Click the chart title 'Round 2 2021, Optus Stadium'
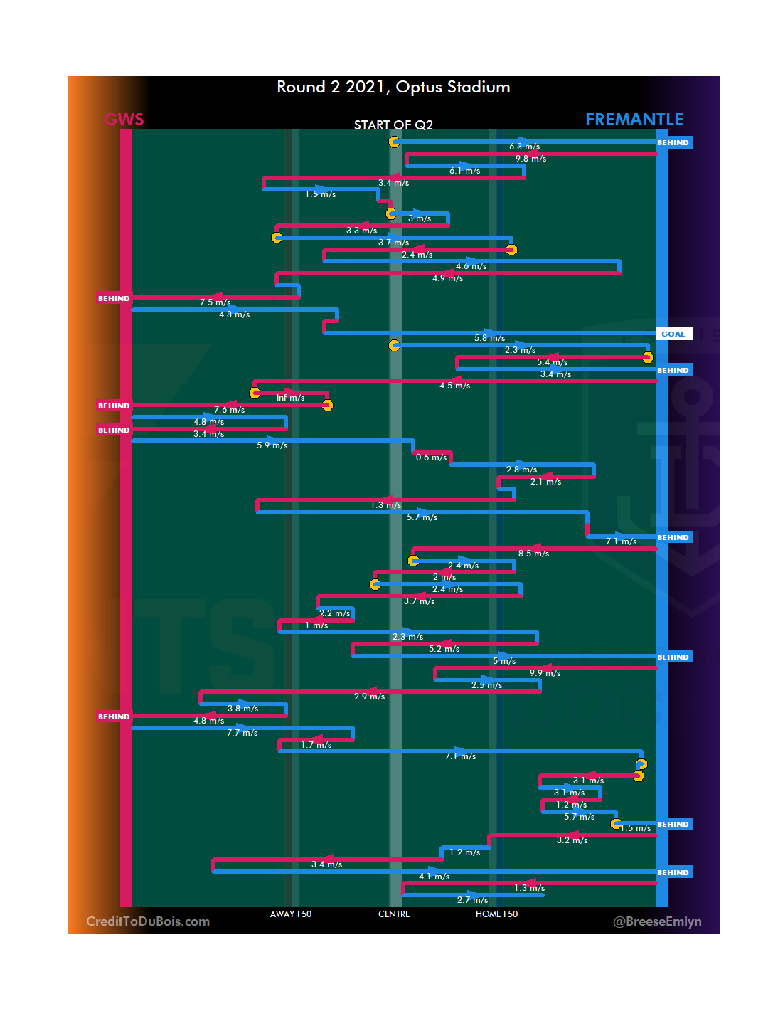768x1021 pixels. [x=393, y=88]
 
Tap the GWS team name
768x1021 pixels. [x=124, y=120]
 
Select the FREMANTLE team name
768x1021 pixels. [x=634, y=120]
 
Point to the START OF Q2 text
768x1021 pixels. [x=393, y=125]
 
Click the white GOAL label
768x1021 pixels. [x=673, y=334]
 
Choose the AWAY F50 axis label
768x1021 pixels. [x=290, y=914]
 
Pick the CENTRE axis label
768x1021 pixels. [x=394, y=914]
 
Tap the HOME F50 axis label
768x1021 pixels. [x=496, y=914]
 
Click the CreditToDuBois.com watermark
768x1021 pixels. [x=148, y=921]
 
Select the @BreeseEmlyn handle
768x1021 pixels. [x=657, y=921]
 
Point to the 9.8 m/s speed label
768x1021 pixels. [x=530, y=159]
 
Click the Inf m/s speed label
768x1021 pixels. [x=290, y=398]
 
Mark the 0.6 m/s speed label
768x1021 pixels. [x=431, y=457]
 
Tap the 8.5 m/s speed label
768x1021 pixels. [x=533, y=554]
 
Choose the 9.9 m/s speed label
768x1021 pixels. [x=545, y=673]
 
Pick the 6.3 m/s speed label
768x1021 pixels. [x=524, y=147]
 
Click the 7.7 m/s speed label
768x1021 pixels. [x=242, y=733]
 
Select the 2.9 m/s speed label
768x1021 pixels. [x=369, y=697]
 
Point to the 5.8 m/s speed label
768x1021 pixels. [x=489, y=338]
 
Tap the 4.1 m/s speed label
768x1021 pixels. [x=434, y=877]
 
